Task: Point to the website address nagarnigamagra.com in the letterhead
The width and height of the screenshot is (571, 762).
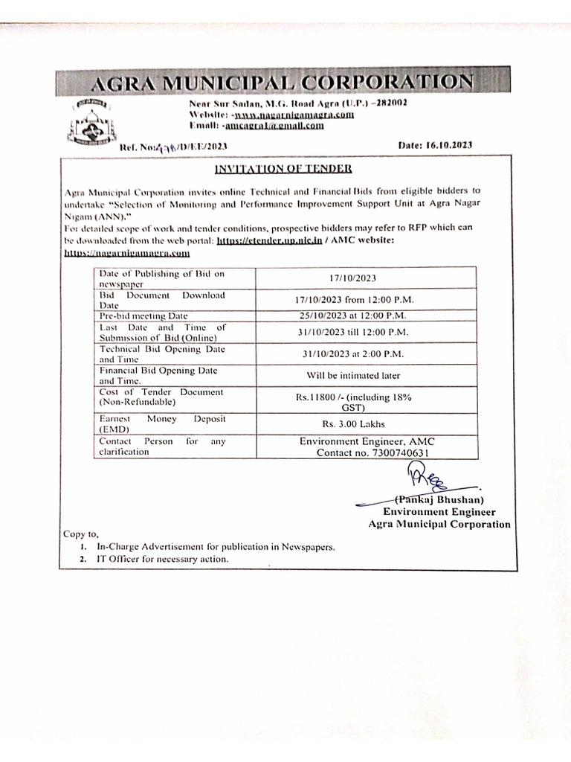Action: (293, 115)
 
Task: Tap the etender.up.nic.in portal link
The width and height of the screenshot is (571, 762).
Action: (271, 242)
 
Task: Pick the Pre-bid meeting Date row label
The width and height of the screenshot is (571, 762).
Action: (143, 316)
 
